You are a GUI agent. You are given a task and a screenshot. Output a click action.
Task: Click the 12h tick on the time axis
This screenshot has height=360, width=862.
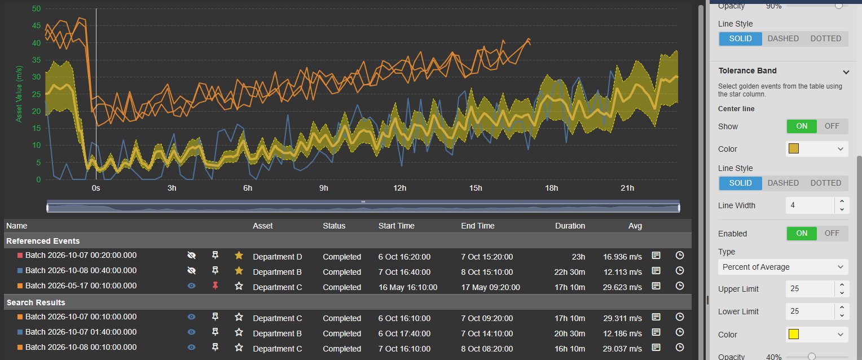coord(399,188)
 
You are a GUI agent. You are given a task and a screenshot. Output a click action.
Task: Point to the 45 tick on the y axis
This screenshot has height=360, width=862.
coord(36,26)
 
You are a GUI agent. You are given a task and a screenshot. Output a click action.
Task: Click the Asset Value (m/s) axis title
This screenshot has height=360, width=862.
coord(19,94)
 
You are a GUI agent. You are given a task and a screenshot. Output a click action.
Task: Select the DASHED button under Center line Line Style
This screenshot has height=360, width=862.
coord(783,183)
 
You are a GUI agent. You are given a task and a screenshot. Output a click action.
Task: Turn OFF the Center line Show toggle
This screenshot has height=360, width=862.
coord(832,126)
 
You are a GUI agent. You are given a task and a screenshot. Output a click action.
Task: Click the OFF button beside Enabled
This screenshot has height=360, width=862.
coord(832,234)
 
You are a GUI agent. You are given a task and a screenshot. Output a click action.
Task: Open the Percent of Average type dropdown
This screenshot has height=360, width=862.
coord(782,267)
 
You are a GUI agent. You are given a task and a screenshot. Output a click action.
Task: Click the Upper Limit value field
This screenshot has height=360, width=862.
coord(810,288)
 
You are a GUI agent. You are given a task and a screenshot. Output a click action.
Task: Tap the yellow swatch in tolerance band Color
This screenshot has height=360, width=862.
coord(794,334)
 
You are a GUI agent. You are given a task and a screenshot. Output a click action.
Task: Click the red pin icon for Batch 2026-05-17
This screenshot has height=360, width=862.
coord(215,286)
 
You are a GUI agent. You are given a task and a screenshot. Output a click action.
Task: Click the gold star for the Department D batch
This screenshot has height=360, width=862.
coord(239,255)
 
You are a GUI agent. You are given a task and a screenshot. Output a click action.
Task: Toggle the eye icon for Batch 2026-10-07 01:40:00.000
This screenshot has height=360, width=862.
coord(191,332)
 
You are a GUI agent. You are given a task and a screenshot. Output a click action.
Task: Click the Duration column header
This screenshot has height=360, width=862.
coord(570,226)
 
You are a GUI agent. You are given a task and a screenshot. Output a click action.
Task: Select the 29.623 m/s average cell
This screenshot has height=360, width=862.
coord(622,287)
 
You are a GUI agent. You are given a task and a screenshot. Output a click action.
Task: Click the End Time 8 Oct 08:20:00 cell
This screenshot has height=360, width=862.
coord(487,349)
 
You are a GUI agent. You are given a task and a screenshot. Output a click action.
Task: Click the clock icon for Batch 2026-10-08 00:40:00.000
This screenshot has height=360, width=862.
coord(680,271)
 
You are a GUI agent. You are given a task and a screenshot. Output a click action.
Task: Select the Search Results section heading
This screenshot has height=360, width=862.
coord(36,302)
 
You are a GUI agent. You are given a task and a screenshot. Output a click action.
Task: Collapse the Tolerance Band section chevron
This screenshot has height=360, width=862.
coord(846,72)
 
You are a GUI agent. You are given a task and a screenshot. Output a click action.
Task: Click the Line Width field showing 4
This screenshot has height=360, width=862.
coord(810,205)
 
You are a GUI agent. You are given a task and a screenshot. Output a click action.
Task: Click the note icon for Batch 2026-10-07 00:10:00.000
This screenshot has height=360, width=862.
coord(656,317)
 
